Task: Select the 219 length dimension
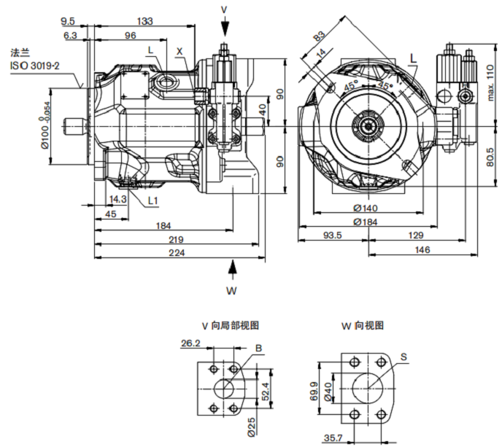(x=176, y=239)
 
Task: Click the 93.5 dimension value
(x=333, y=236)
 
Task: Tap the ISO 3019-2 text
(x=34, y=66)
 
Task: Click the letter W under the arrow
(x=231, y=291)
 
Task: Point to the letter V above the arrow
(x=224, y=9)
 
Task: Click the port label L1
(x=153, y=200)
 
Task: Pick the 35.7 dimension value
(x=333, y=438)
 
